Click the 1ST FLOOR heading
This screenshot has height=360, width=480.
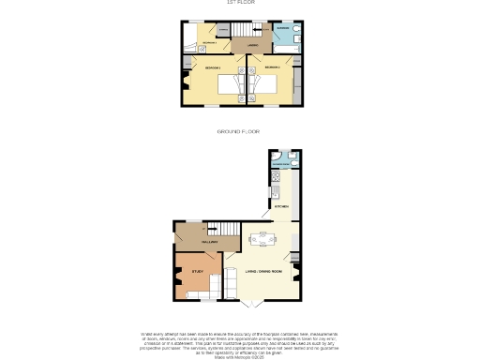click(240, 3)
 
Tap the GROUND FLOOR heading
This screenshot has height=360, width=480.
click(238, 132)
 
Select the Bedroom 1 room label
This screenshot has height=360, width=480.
click(212, 68)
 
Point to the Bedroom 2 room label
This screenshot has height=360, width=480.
click(272, 68)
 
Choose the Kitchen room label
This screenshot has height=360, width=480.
click(281, 204)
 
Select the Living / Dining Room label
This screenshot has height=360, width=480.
click(265, 272)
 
